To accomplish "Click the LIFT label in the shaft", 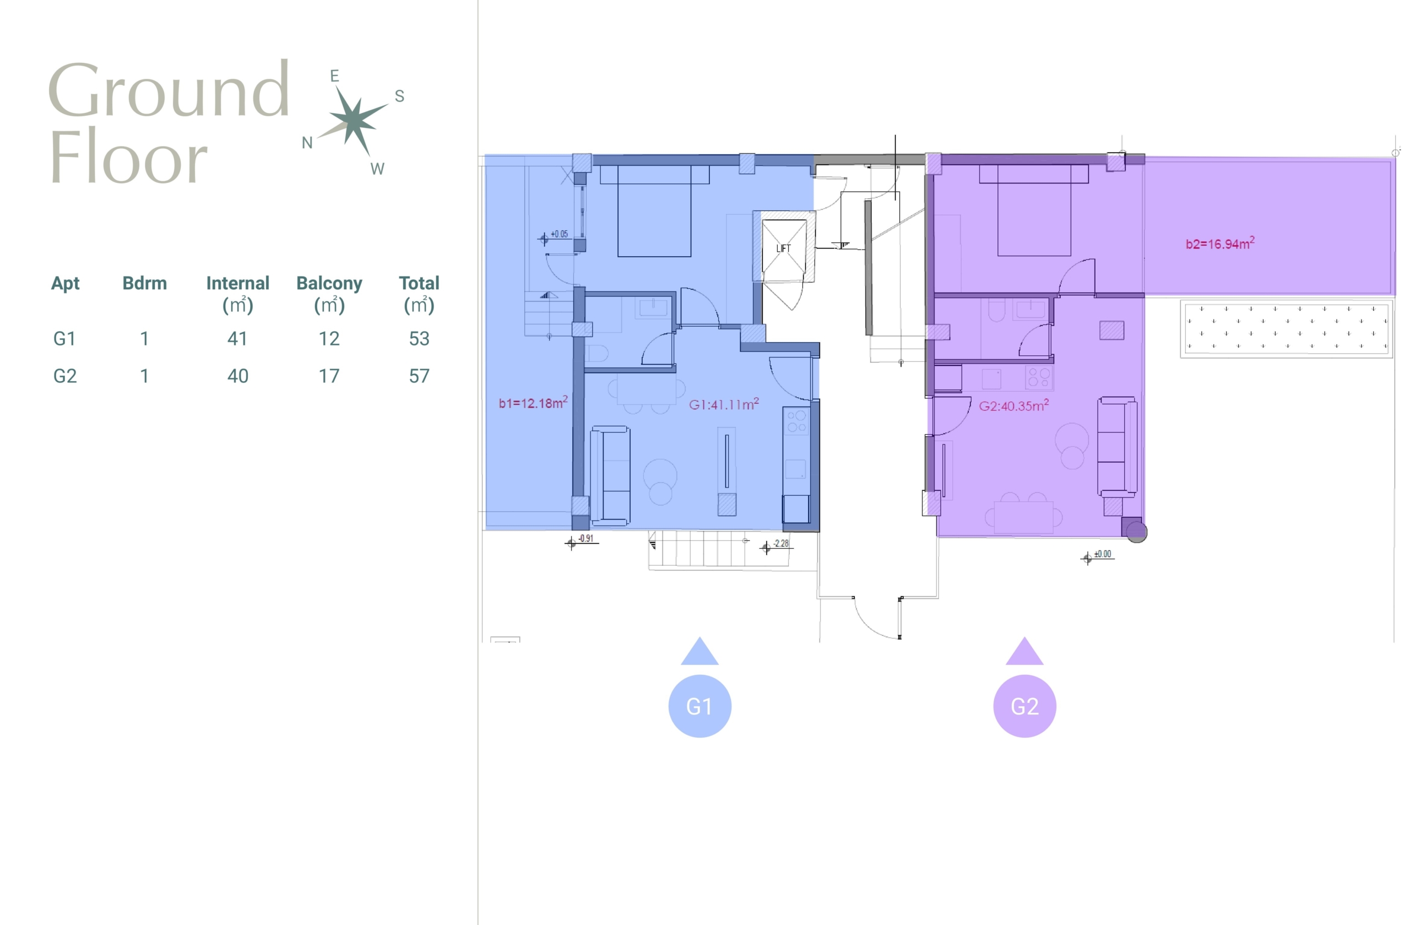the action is coord(783,248).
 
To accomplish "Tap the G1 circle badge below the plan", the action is coord(699,706).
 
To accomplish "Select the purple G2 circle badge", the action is coord(1024,706).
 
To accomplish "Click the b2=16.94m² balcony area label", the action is coord(1220,243).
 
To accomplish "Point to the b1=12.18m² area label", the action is coord(533,402).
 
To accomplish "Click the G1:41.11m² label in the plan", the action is coord(724,404).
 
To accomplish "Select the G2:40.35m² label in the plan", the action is coord(1013,405).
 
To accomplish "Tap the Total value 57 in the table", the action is coord(419,376).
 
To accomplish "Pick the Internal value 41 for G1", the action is coord(237,338).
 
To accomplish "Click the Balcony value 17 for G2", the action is coord(329,376).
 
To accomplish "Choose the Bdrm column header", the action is coord(144,283).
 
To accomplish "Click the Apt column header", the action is coord(65,284).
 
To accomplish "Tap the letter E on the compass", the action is coord(335,76).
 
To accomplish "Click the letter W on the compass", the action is coord(377,169).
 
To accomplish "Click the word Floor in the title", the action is coord(129,156).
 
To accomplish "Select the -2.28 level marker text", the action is coord(781,543).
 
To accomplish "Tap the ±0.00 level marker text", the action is coord(1103,554).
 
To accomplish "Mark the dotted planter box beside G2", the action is coord(1287,329).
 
